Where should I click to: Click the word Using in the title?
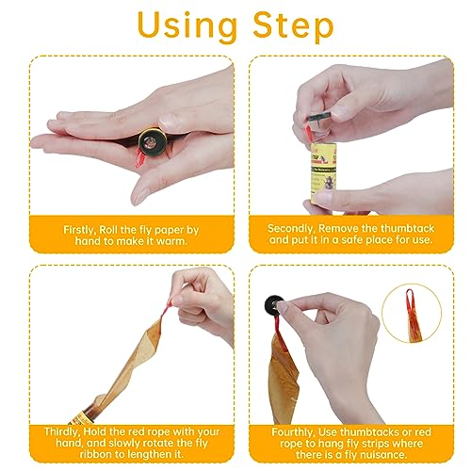point(187,26)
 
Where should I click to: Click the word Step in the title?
point(293,24)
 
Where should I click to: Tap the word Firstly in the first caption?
point(80,230)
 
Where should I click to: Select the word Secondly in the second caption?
point(290,229)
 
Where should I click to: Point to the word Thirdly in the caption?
point(62,431)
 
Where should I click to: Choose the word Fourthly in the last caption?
point(293,432)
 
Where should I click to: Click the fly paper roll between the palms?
point(153,141)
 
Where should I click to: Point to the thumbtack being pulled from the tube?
point(319,119)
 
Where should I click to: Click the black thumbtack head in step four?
point(274,304)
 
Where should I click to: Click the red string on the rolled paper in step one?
point(140,157)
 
